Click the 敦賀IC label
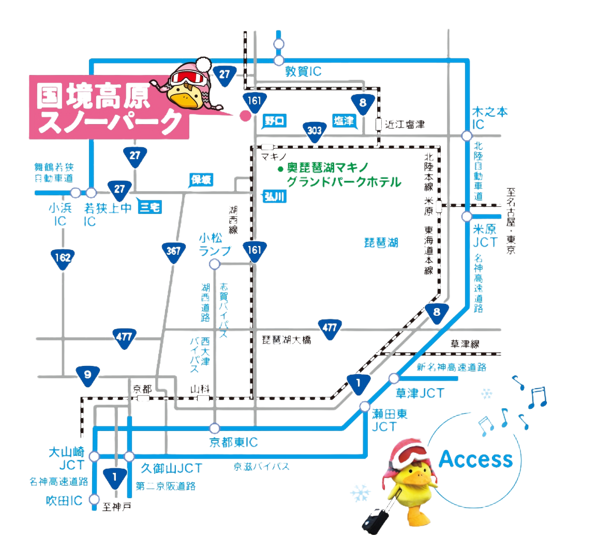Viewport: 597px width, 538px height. (303, 72)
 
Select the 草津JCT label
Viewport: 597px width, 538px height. (420, 393)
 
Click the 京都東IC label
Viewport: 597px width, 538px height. (233, 443)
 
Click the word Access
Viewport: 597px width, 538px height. (475, 459)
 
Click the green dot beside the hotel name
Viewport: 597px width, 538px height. (279, 170)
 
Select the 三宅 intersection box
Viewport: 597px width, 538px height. (151, 208)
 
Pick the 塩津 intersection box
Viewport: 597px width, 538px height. (343, 121)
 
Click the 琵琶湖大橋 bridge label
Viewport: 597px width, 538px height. (286, 341)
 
